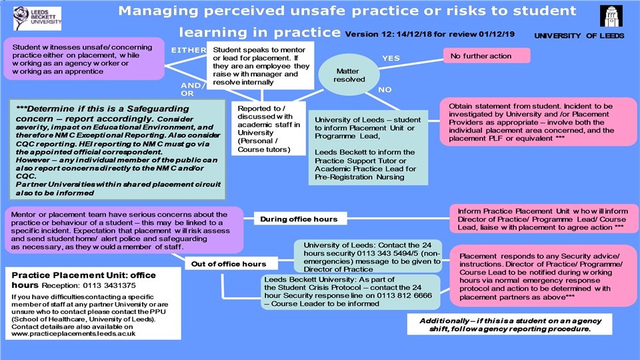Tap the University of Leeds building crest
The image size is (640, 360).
tap(611, 16)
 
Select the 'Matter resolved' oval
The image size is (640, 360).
tap(349, 74)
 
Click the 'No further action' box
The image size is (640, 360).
tap(487, 56)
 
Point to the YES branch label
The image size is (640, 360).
tap(391, 59)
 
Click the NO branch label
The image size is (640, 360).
tap(385, 89)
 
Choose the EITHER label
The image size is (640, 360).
tap(187, 50)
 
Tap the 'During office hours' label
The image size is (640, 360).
tap(299, 219)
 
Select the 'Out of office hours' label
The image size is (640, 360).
tap(229, 264)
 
